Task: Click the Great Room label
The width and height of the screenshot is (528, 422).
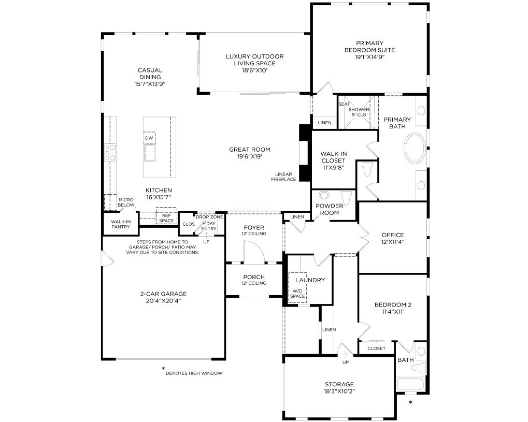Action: (x=250, y=150)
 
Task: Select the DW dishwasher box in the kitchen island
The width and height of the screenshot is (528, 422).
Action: (x=149, y=138)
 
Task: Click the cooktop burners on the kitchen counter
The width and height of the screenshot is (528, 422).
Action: (x=110, y=152)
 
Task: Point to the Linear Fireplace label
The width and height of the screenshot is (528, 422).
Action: (x=283, y=177)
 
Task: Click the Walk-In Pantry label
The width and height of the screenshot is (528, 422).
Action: (x=121, y=224)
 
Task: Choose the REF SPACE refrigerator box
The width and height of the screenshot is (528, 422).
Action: (x=166, y=216)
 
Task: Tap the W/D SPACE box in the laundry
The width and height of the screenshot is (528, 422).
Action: (x=297, y=287)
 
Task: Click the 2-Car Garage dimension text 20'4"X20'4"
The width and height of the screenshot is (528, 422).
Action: (x=164, y=300)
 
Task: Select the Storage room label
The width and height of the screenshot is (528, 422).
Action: (x=339, y=384)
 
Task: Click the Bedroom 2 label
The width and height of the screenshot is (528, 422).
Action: (x=393, y=305)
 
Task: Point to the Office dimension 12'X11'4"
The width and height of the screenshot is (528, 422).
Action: (x=393, y=242)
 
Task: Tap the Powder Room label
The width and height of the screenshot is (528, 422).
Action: (x=330, y=209)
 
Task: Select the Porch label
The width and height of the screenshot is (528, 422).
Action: (x=254, y=277)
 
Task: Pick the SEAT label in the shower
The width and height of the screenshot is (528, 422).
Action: (x=344, y=104)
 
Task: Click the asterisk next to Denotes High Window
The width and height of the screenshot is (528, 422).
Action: (x=163, y=369)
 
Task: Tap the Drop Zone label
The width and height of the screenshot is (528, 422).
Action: (x=209, y=217)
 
